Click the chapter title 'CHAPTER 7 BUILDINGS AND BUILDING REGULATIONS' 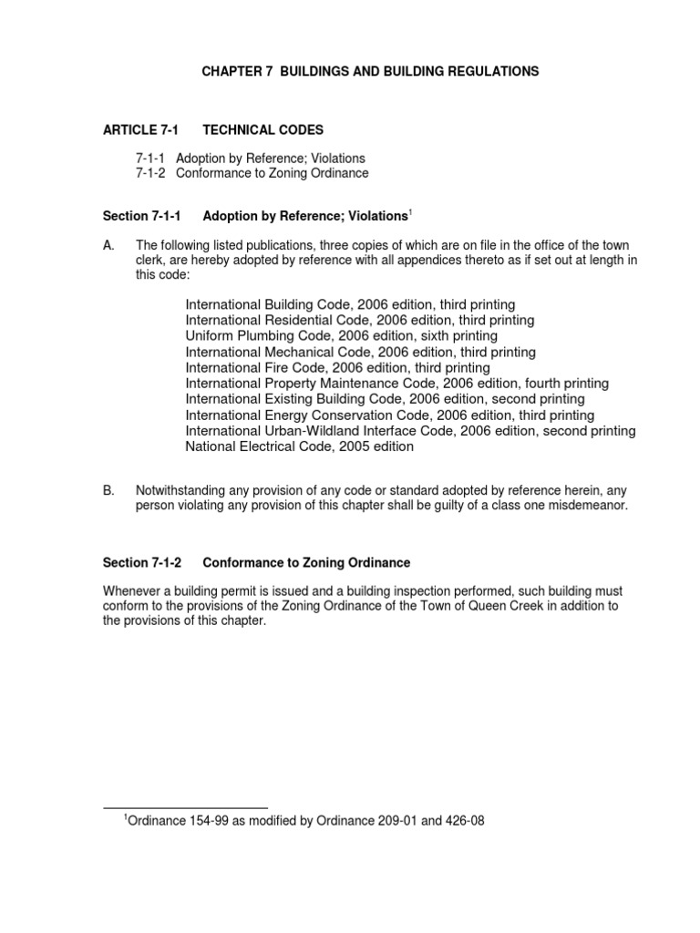click(370, 71)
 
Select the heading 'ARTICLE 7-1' click(139, 130)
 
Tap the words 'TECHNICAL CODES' click(262, 130)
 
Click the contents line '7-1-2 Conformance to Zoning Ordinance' click(252, 173)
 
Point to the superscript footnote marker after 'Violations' click(410, 213)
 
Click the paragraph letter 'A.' click(109, 246)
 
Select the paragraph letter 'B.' click(109, 490)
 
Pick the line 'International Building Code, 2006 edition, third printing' click(350, 303)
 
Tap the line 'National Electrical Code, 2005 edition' click(299, 446)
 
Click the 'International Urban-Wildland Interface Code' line click(410, 431)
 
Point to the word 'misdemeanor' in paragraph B click(585, 505)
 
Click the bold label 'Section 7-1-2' click(143, 563)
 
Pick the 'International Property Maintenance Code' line click(396, 384)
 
